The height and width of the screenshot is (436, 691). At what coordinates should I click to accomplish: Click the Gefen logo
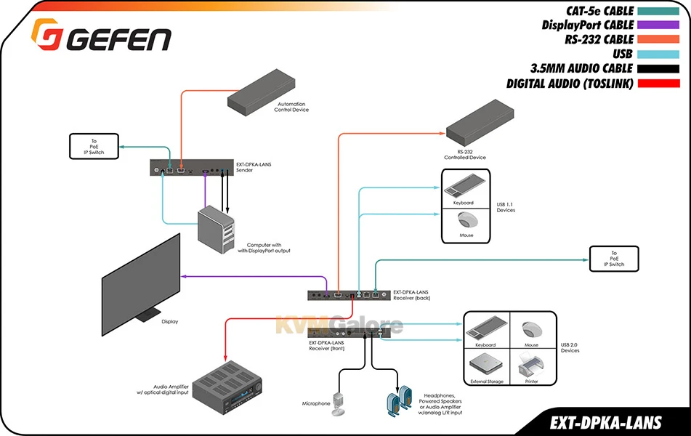[101, 36]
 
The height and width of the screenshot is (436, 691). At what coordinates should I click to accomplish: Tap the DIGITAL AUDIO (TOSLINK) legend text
[570, 84]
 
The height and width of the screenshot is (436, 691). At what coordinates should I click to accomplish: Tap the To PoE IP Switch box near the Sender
[94, 146]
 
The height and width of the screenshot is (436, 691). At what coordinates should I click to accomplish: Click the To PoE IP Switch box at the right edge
[613, 259]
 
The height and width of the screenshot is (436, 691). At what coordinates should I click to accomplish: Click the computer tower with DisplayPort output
[218, 229]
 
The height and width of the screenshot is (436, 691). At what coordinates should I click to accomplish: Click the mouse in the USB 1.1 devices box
[466, 220]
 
